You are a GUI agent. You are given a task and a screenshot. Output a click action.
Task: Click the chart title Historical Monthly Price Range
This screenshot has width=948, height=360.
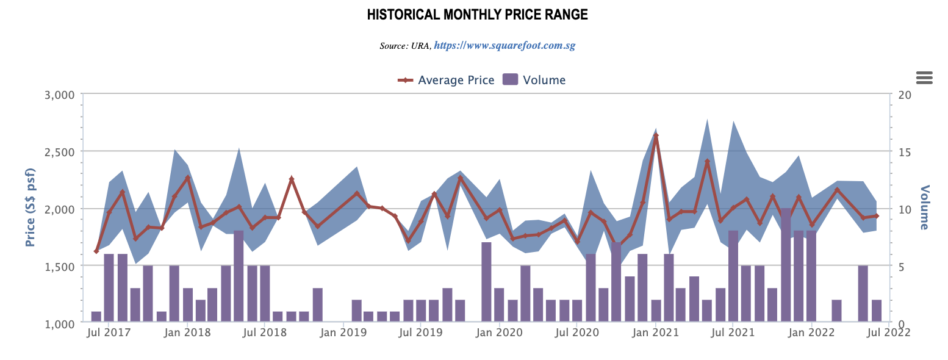coord(477,15)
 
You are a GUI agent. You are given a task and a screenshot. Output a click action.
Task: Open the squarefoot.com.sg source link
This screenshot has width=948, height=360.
coord(505,46)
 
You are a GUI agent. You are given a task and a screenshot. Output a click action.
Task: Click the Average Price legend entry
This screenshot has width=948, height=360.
coord(446,80)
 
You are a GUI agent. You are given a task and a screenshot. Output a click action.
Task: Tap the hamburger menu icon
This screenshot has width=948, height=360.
coord(924,77)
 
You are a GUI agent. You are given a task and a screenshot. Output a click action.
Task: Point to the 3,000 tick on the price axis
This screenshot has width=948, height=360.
coord(59,95)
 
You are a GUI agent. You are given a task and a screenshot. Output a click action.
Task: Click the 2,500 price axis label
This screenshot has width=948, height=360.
coord(59,151)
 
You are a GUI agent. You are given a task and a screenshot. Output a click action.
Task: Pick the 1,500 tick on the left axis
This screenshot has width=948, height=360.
coord(59,266)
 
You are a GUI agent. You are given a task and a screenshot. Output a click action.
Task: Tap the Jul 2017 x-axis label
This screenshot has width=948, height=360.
coord(102,333)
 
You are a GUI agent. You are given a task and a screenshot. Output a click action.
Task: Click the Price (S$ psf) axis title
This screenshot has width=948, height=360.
coord(30,209)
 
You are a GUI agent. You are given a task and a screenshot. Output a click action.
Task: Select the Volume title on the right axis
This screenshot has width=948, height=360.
coord(924,207)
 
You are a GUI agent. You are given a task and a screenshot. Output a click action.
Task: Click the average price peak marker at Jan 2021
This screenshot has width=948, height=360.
coord(656,135)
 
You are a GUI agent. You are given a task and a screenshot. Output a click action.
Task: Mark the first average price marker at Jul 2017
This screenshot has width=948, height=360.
coord(96,251)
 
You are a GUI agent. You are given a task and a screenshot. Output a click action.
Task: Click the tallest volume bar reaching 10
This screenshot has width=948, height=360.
coord(786,265)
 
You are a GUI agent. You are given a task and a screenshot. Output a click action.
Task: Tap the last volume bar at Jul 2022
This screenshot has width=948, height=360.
coord(877,311)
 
